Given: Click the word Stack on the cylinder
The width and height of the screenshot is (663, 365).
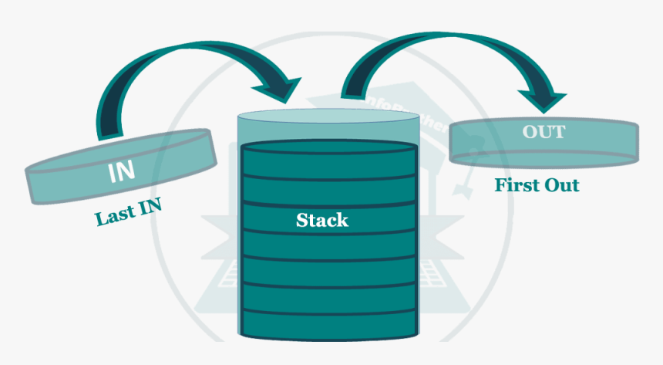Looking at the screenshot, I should click(x=322, y=221).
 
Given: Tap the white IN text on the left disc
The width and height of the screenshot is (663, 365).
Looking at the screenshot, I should click(x=120, y=172).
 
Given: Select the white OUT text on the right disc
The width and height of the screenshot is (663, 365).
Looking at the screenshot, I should click(x=544, y=132).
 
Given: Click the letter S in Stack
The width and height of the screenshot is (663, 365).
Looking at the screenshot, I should click(x=301, y=221).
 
